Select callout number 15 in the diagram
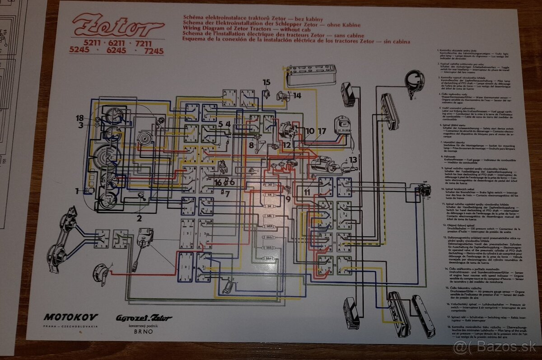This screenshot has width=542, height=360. [266, 82]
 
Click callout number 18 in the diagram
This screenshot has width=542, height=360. [79, 118]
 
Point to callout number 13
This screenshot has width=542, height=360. [352, 159]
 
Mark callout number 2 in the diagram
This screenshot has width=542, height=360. [139, 219]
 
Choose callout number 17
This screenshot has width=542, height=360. [322, 131]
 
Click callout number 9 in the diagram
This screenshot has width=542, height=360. [288, 198]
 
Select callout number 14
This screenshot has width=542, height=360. [297, 95]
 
